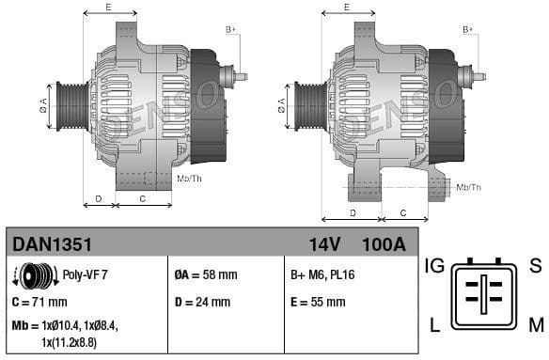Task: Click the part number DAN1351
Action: click(52, 244)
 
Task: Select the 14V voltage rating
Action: click(324, 244)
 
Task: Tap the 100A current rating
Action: click(384, 244)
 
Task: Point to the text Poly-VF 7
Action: click(86, 275)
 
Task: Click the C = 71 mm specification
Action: click(39, 302)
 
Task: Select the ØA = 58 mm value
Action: click(206, 275)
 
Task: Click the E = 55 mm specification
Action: click(317, 302)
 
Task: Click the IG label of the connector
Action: click(432, 266)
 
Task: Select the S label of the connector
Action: click(536, 266)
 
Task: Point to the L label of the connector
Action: click(434, 326)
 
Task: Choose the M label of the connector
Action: click(536, 326)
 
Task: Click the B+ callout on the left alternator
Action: click(231, 30)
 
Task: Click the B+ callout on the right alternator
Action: click(468, 30)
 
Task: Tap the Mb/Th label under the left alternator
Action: click(189, 178)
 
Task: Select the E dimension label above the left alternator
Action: click(109, 8)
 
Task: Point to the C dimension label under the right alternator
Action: click(401, 213)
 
